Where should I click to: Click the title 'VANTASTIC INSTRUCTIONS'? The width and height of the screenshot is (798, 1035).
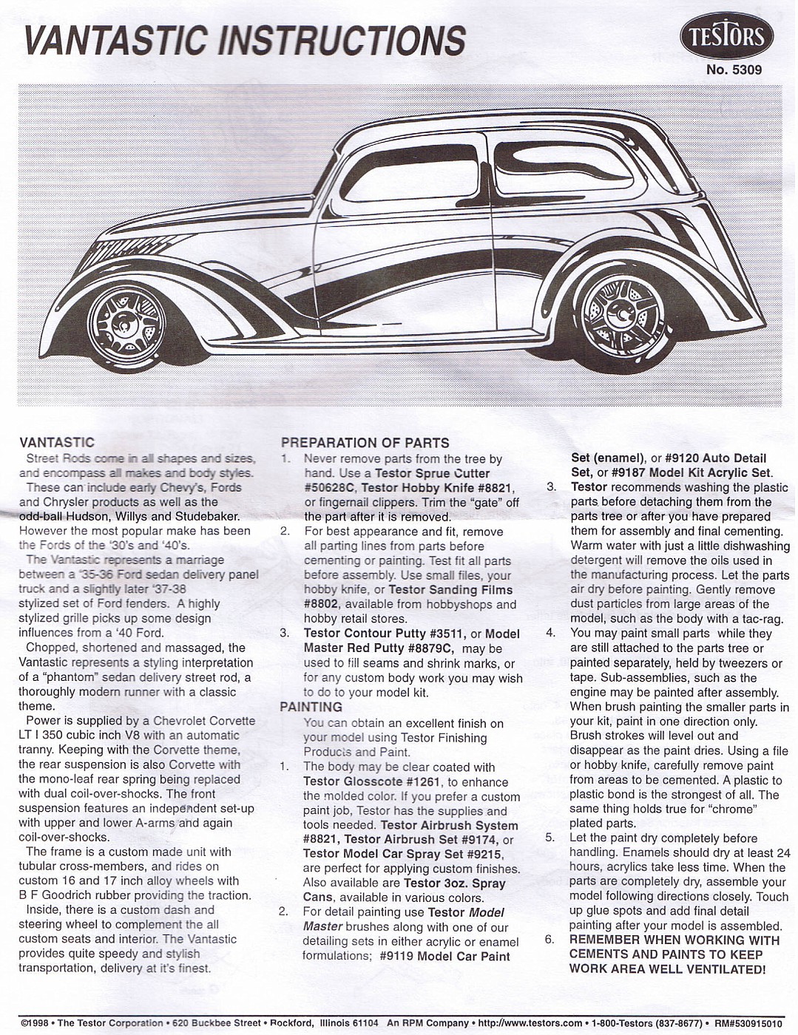coord(245,40)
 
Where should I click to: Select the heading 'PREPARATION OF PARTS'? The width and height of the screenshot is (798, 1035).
coord(365,443)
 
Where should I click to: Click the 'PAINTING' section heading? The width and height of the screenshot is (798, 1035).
coord(311,707)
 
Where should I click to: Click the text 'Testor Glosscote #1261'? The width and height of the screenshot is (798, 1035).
coord(371,781)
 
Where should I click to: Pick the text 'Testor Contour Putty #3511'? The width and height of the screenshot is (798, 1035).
coord(383,634)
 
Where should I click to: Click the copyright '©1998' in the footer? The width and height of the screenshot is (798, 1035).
coord(34,1023)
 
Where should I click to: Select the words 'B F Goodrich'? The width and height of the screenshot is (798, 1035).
coord(53,895)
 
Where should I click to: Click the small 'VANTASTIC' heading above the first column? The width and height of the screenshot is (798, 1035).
coord(57,443)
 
